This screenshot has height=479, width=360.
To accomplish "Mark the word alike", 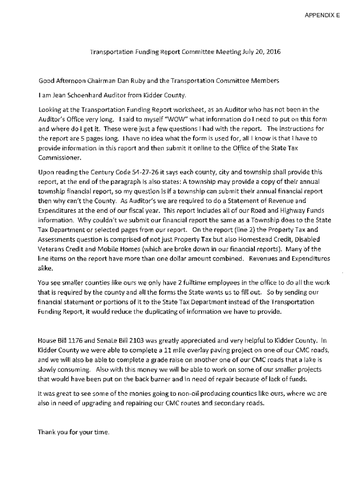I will click(46, 269).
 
